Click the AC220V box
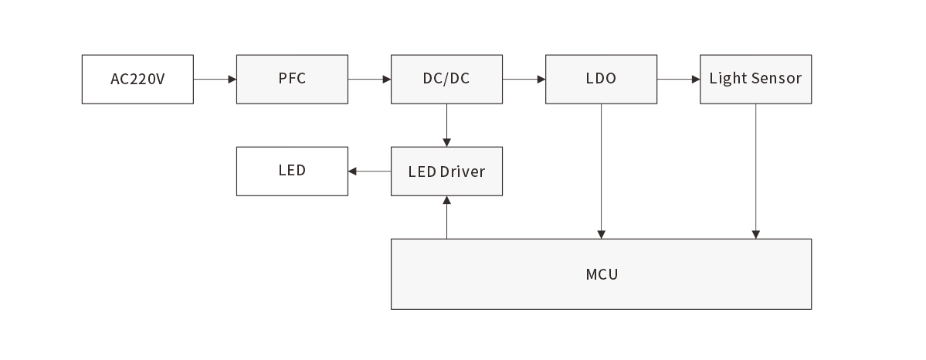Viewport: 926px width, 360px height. [137, 79]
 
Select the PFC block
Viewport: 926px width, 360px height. [292, 79]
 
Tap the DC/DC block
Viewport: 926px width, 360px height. [446, 79]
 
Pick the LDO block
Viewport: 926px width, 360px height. [601, 79]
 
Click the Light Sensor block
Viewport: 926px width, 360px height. [755, 79]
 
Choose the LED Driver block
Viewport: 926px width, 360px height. [446, 172]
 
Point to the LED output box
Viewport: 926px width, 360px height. [292, 172]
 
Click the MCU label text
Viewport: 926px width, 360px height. [602, 274]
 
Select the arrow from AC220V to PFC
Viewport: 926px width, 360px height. [215, 79]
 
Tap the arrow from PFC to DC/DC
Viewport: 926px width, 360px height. [369, 79]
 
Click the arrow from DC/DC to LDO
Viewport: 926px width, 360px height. [524, 79]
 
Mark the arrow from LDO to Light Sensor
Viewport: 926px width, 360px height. [678, 79]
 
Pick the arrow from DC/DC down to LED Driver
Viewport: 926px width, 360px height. [446, 125]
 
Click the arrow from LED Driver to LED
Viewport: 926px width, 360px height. [369, 172]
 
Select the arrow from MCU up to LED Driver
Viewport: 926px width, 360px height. [446, 217]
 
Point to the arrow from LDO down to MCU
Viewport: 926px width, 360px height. [601, 171]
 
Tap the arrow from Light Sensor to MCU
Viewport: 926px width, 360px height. [755, 171]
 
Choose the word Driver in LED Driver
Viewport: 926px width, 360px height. [462, 172]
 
